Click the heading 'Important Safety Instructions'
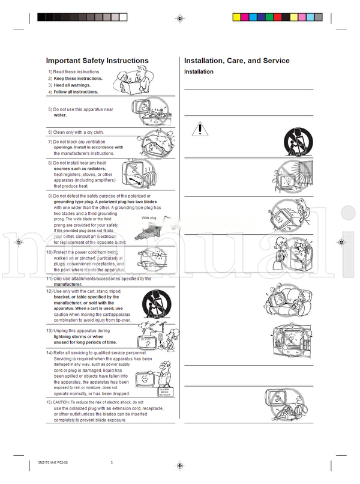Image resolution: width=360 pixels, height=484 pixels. (97, 61)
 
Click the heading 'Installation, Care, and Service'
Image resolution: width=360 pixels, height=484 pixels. (236, 61)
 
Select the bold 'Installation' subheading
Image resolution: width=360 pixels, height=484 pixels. (199, 72)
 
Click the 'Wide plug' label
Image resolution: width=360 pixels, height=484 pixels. (149, 218)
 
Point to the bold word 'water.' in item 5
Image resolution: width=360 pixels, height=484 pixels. (60, 115)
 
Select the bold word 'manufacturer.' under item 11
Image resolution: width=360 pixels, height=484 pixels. (72, 285)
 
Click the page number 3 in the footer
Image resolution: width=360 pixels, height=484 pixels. (112, 462)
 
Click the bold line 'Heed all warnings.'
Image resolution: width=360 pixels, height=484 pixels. (72, 85)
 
